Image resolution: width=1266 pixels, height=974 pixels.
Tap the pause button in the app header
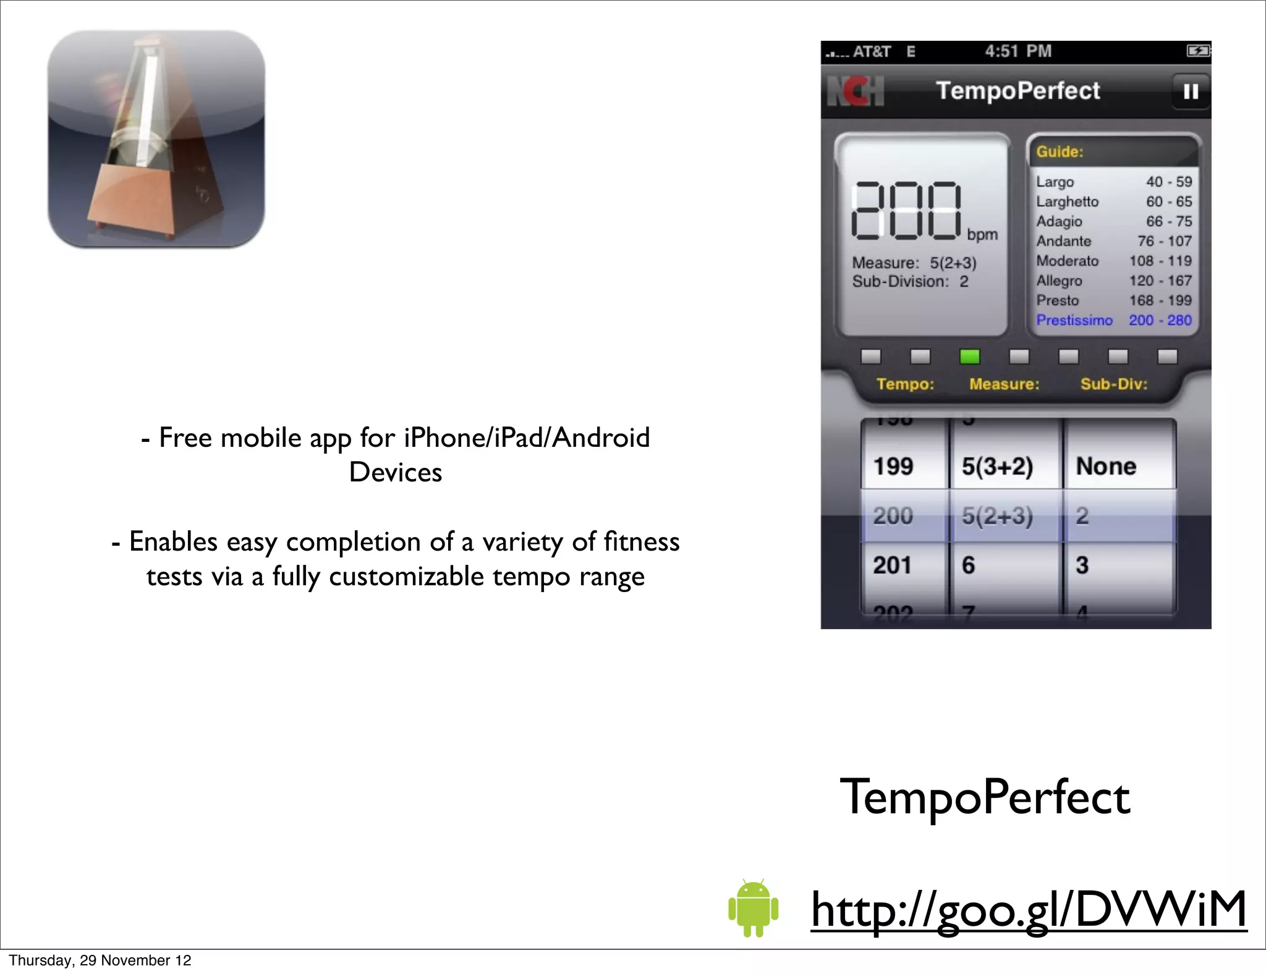pyautogui.click(x=1191, y=91)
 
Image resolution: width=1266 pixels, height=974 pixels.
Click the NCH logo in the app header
pyautogui.click(x=856, y=91)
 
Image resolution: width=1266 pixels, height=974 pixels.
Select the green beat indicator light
pyautogui.click(x=969, y=357)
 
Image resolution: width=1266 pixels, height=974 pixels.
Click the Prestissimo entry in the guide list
pyautogui.click(x=1074, y=320)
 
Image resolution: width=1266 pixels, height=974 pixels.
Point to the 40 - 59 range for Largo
pyautogui.click(x=1168, y=182)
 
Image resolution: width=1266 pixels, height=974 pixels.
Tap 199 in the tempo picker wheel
pyautogui.click(x=893, y=466)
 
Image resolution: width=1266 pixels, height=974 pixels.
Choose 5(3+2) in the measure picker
pyautogui.click(x=997, y=466)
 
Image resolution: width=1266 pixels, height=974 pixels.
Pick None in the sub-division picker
pyautogui.click(x=1106, y=466)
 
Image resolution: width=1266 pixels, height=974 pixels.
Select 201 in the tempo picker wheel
pyautogui.click(x=892, y=565)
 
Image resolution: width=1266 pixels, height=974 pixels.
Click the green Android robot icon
pyautogui.click(x=753, y=907)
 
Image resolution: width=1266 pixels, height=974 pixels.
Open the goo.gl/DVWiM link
pyautogui.click(x=1029, y=910)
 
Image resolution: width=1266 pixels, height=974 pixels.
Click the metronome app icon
pyautogui.click(x=156, y=139)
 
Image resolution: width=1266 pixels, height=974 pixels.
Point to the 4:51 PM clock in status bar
pyautogui.click(x=1017, y=51)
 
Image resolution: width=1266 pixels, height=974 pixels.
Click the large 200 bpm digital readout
pyautogui.click(x=906, y=211)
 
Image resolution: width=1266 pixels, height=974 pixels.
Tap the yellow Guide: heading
pyautogui.click(x=1060, y=152)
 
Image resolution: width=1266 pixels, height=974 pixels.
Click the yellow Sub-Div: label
pyautogui.click(x=1113, y=384)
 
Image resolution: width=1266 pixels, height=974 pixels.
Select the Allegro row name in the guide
pyautogui.click(x=1059, y=281)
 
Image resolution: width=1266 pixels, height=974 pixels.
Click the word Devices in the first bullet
pyautogui.click(x=396, y=472)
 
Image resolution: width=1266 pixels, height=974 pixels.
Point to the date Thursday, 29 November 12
pyautogui.click(x=100, y=960)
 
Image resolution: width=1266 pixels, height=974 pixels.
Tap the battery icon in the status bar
pyautogui.click(x=1198, y=51)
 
